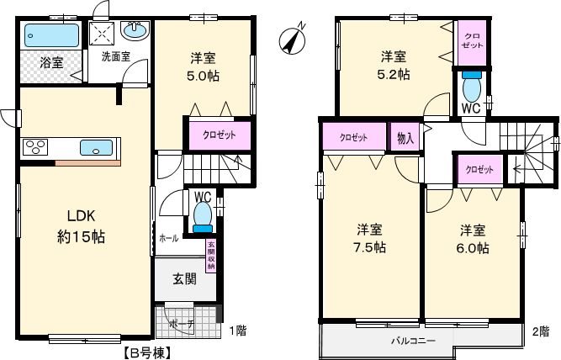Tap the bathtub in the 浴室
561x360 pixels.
pos(50,36)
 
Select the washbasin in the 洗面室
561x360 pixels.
pos(135,32)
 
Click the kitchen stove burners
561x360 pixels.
pos(38,148)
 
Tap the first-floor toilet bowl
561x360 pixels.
pos(202,215)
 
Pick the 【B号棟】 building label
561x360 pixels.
pos(148,353)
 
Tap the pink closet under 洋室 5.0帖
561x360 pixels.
pos(218,135)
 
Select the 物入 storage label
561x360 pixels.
pos(405,137)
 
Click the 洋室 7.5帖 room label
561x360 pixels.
pos(370,237)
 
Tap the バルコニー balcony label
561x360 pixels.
pos(412,341)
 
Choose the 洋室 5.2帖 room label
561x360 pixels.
pos(394,65)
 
